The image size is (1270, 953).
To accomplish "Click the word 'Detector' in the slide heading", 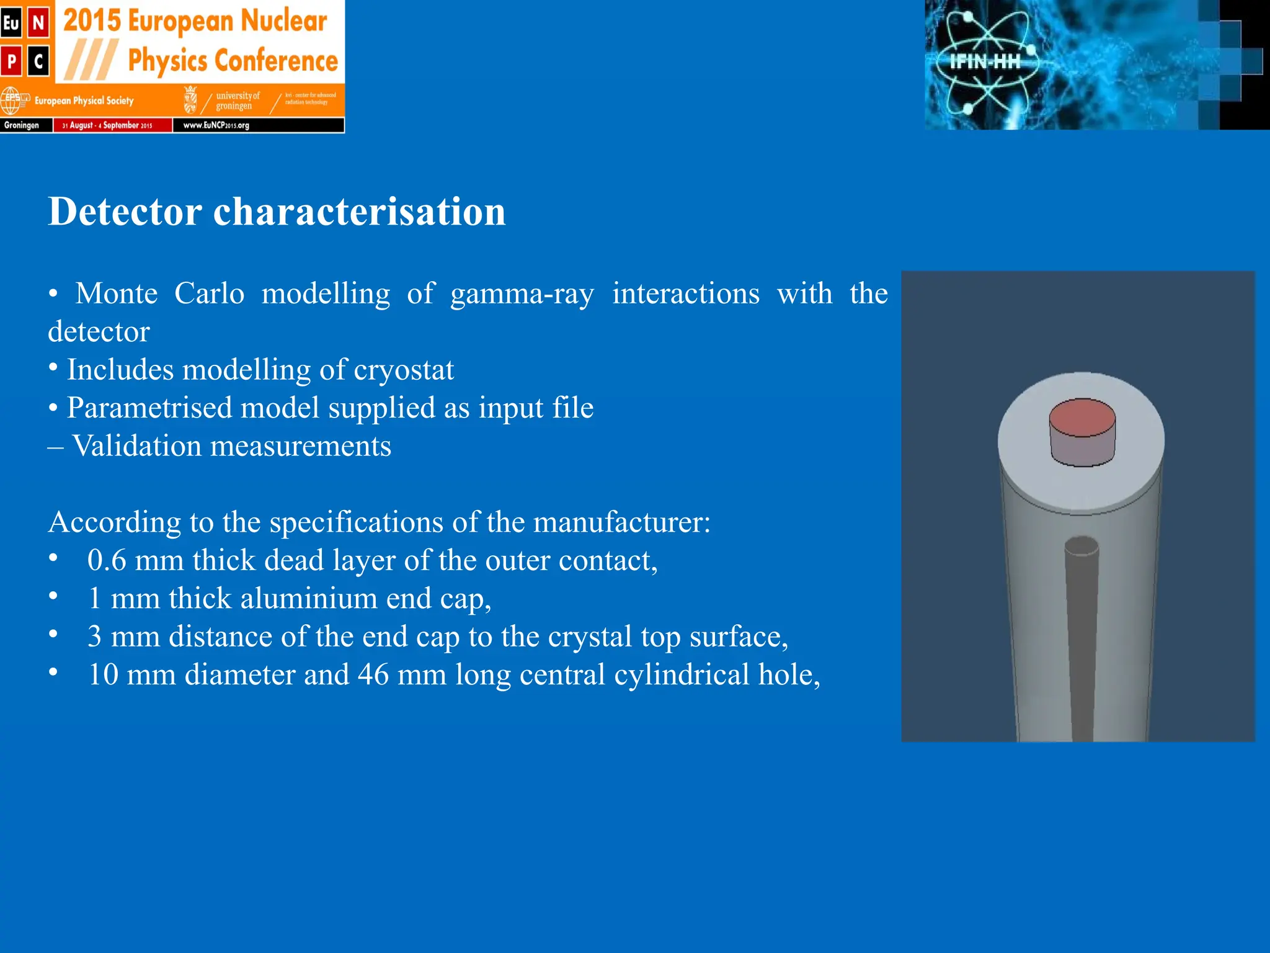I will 125,212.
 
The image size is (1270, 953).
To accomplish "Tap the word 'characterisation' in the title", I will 359,212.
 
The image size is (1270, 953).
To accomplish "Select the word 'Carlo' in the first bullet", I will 209,293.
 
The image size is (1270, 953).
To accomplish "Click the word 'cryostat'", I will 404,370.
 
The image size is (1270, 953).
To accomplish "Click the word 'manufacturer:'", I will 621,522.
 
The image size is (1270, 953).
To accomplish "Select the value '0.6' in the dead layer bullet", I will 107,560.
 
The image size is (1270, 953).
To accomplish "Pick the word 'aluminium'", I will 309,599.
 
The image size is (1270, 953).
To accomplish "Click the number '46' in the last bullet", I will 373,674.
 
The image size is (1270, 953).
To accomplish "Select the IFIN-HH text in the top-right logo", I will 985,61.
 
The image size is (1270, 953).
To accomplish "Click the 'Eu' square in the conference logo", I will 11,24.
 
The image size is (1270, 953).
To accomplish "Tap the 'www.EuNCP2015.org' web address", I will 216,125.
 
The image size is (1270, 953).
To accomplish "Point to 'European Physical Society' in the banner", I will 84,101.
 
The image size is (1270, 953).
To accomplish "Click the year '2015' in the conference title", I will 92,21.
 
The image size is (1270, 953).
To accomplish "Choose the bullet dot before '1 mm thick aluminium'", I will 54,597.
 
